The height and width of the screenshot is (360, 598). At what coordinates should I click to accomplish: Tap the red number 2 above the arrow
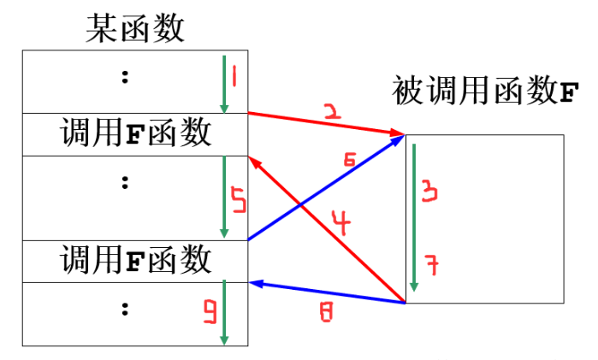[333, 111]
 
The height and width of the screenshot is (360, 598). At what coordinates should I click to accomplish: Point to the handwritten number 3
[430, 192]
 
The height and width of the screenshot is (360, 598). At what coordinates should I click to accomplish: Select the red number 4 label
[341, 225]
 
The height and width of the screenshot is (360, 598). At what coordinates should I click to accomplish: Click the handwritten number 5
[239, 204]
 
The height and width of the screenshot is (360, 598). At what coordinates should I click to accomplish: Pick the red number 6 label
[348, 160]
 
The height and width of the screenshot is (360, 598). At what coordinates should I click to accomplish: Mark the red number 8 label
[325, 313]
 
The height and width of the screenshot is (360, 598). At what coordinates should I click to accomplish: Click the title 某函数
[134, 28]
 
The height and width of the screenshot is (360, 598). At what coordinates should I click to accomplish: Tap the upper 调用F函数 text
[135, 134]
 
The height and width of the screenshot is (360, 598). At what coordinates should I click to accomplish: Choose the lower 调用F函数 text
[135, 260]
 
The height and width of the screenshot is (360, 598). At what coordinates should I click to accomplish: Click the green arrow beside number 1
[224, 84]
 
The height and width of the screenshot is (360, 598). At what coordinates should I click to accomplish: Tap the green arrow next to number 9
[224, 312]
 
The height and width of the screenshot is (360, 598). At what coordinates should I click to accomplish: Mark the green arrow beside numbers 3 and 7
[414, 218]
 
